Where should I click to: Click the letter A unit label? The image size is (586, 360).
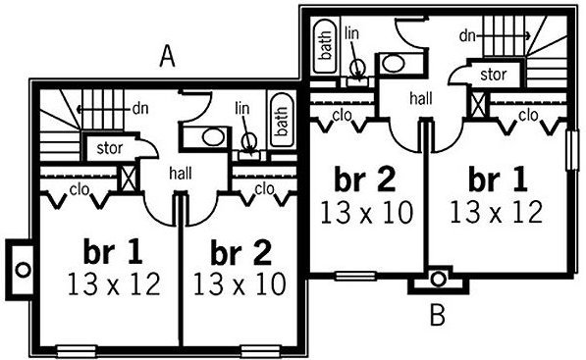(167, 58)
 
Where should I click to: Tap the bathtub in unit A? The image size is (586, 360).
(282, 121)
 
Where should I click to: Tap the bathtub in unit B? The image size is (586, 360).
(324, 46)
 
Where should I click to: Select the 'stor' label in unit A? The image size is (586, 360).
(110, 148)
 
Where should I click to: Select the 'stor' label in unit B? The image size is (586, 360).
(494, 75)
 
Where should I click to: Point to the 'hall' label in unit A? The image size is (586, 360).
(181, 174)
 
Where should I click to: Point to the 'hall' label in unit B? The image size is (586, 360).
(421, 99)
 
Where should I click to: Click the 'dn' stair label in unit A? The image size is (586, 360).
(140, 109)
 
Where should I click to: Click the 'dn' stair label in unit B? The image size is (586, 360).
(467, 36)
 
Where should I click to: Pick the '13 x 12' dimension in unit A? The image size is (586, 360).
(114, 284)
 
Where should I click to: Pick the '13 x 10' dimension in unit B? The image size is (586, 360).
(367, 212)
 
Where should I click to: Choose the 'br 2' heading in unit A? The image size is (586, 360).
(240, 253)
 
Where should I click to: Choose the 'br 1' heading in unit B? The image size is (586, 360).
(498, 180)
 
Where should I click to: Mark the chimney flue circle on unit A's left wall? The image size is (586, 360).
(23, 270)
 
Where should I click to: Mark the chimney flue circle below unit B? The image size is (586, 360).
(438, 279)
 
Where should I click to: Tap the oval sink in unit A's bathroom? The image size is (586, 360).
(214, 137)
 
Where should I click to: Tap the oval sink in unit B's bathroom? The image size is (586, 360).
(394, 64)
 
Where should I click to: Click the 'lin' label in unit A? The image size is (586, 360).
(242, 108)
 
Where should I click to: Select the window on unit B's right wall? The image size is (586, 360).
(572, 149)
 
